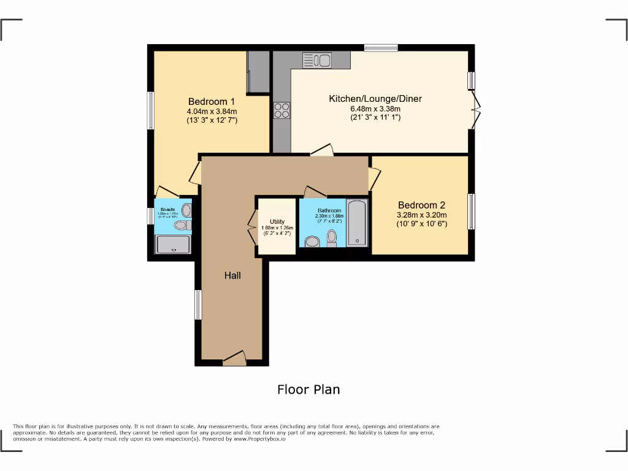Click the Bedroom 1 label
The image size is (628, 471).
[211, 102]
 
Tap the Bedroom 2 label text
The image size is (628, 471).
[421, 205]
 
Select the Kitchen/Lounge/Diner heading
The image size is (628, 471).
[375, 99]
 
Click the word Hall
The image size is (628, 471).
[232, 276]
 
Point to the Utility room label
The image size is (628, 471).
[277, 222]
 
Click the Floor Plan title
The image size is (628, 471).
[308, 389]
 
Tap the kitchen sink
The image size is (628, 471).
[316, 60]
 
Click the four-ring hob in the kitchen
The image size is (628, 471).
[282, 110]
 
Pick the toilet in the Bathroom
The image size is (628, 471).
[332, 237]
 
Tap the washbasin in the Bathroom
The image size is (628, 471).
[312, 242]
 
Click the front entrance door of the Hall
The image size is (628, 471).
[234, 359]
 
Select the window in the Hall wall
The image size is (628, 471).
[198, 305]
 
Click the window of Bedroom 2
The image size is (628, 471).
[472, 212]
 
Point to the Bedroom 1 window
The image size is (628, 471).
[150, 111]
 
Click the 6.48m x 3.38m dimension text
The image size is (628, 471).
[375, 109]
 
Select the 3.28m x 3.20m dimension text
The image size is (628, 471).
[421, 215]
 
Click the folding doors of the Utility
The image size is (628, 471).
[253, 228]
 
